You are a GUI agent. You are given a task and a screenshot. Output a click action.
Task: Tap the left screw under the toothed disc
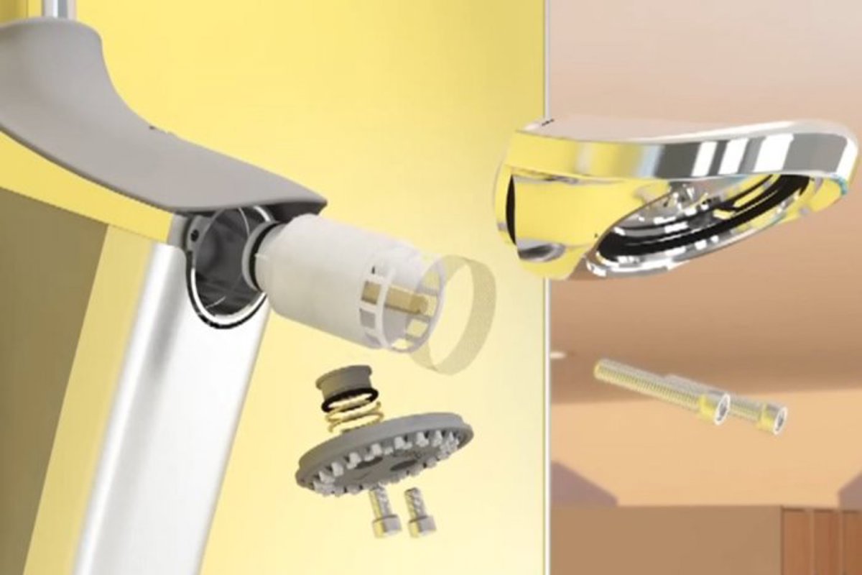pos(381,512)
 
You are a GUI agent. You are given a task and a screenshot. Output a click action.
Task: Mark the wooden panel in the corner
pos(819,539)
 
